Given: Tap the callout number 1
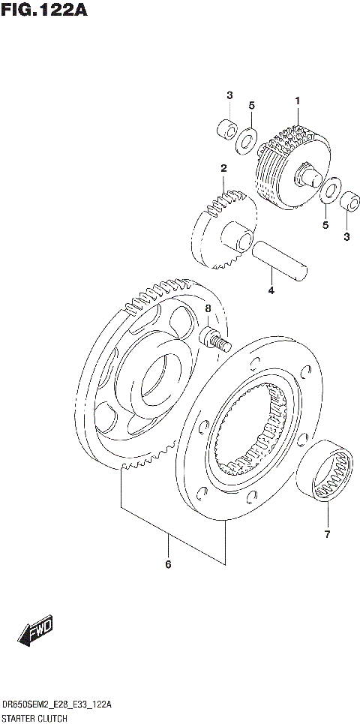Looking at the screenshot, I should (x=297, y=101).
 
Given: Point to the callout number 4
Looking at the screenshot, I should (x=271, y=290).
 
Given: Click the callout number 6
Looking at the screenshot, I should (x=168, y=563).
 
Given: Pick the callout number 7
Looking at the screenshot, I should (x=327, y=535).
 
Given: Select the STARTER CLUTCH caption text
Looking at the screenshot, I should (x=34, y=718).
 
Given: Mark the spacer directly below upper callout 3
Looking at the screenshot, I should (x=224, y=128).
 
